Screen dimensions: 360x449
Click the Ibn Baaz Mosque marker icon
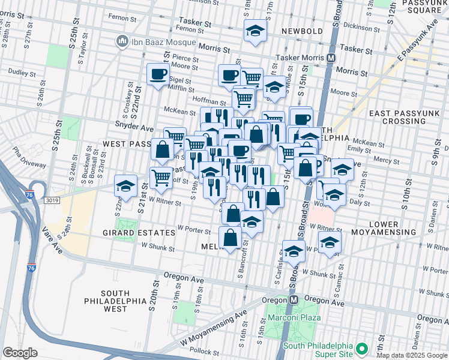click(122, 41)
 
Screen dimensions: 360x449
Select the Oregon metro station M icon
click(294, 299)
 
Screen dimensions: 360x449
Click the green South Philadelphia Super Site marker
click(361, 349)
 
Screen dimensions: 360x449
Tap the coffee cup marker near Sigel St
click(158, 74)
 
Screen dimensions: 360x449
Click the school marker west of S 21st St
click(126, 186)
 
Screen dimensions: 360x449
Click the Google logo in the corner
click(20, 352)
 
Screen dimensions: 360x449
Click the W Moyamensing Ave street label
click(212, 328)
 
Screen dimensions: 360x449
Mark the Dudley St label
click(22, 72)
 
